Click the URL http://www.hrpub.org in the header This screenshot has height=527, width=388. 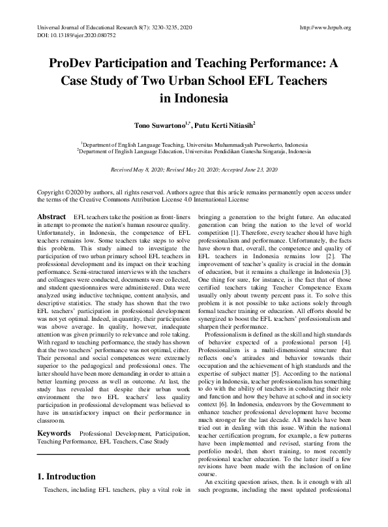[324, 27]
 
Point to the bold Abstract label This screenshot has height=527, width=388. [51, 216]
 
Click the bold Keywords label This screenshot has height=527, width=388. [54, 415]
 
